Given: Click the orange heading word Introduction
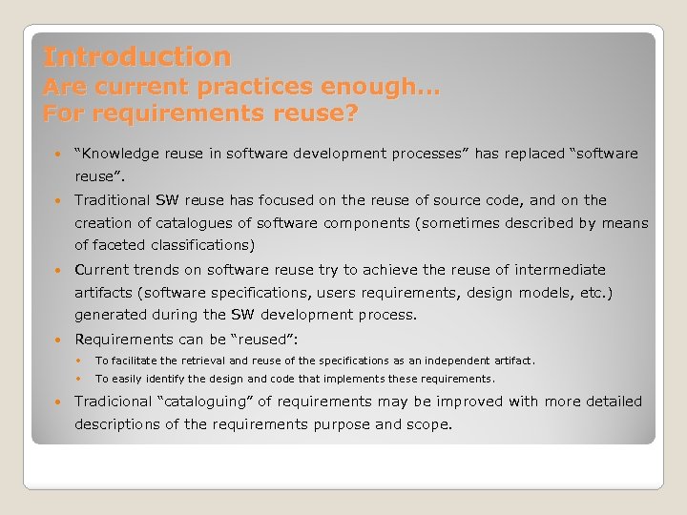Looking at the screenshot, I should [x=136, y=57].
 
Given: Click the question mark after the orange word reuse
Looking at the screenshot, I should [x=352, y=114].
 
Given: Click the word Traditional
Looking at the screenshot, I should [x=112, y=200].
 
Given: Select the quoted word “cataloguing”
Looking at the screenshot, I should [x=212, y=402].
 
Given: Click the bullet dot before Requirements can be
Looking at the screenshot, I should [x=59, y=339].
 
